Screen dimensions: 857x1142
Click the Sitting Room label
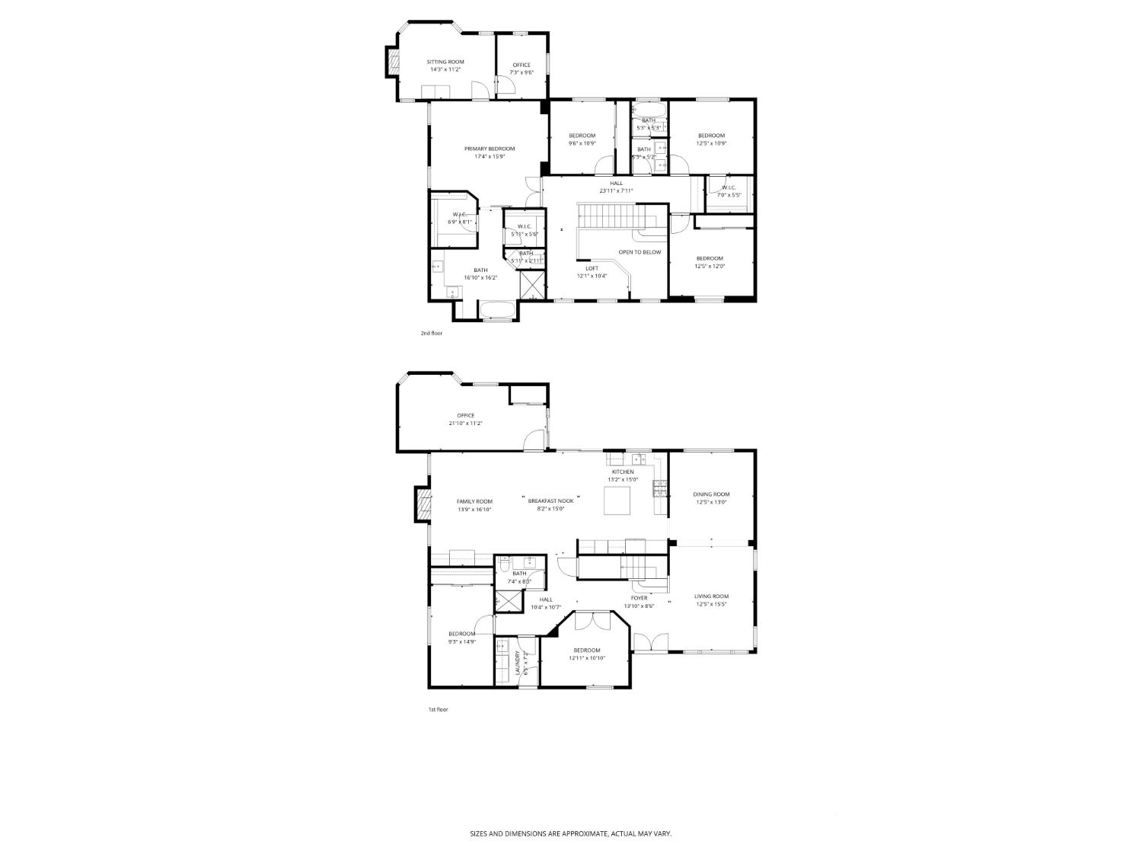pos(445,62)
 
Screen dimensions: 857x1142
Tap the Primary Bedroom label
pos(490,149)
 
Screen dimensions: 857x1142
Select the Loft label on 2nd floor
pos(592,268)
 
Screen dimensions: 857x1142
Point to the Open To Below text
pos(640,252)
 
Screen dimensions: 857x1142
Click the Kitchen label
pos(623,472)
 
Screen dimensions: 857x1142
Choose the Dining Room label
pos(711,494)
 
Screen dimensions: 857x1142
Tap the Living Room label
pos(711,596)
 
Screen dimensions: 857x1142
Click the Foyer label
pos(639,598)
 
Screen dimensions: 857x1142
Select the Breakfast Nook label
pos(550,500)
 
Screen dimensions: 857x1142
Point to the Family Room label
pos(474,501)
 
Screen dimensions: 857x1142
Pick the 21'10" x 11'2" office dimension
pos(465,424)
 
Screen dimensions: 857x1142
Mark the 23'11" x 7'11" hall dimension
pos(616,191)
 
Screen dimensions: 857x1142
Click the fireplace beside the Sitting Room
pos(393,62)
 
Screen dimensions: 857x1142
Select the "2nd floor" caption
pos(432,333)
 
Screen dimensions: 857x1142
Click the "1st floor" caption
pos(438,709)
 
